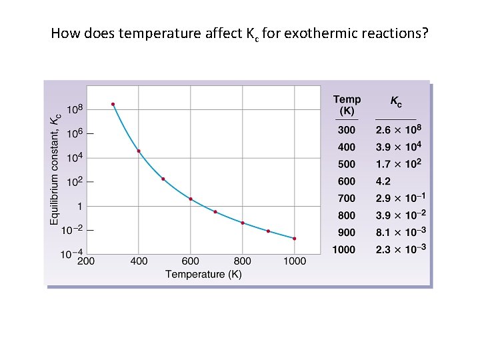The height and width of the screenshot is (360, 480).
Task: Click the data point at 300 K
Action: (x=113, y=104)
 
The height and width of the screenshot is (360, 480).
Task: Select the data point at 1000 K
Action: (x=294, y=239)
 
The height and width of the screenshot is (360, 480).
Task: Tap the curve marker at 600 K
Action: (x=191, y=199)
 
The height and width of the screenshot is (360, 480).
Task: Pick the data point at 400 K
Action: (x=139, y=151)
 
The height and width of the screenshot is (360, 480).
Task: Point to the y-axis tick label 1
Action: (x=79, y=206)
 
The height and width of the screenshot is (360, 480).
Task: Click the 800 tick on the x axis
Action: (x=243, y=261)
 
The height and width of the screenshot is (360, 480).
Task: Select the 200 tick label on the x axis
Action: (x=86, y=261)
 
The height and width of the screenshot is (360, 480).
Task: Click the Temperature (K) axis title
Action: (x=203, y=274)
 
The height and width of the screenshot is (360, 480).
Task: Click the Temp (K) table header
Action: (x=347, y=105)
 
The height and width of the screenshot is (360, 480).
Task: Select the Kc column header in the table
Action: (x=396, y=103)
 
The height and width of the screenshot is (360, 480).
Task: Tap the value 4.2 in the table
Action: (x=384, y=181)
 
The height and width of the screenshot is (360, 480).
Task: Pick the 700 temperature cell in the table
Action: (x=347, y=199)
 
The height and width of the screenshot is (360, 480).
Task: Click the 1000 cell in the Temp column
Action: (x=344, y=250)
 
